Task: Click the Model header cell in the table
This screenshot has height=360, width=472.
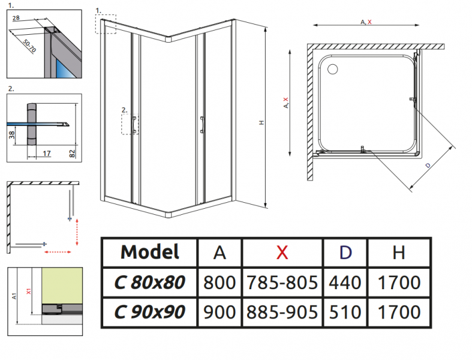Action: coord(149,252)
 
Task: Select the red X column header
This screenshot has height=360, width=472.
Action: coord(281,253)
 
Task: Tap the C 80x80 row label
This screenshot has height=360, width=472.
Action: coord(149,281)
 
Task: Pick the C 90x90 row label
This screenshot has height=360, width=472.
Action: coord(149,311)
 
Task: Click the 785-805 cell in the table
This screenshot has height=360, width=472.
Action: coord(281,281)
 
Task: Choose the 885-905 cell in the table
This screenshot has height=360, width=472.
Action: coord(281,311)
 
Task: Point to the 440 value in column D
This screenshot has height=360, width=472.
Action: coord(345,281)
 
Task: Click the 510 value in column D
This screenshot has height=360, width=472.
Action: coord(345,311)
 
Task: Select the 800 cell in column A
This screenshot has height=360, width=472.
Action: coord(220,281)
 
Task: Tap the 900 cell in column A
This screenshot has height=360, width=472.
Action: coord(220,311)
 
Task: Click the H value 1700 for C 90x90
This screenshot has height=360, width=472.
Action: coord(399,311)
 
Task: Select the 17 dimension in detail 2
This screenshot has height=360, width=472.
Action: coord(46,153)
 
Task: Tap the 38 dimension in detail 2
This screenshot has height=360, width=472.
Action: coord(11,136)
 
